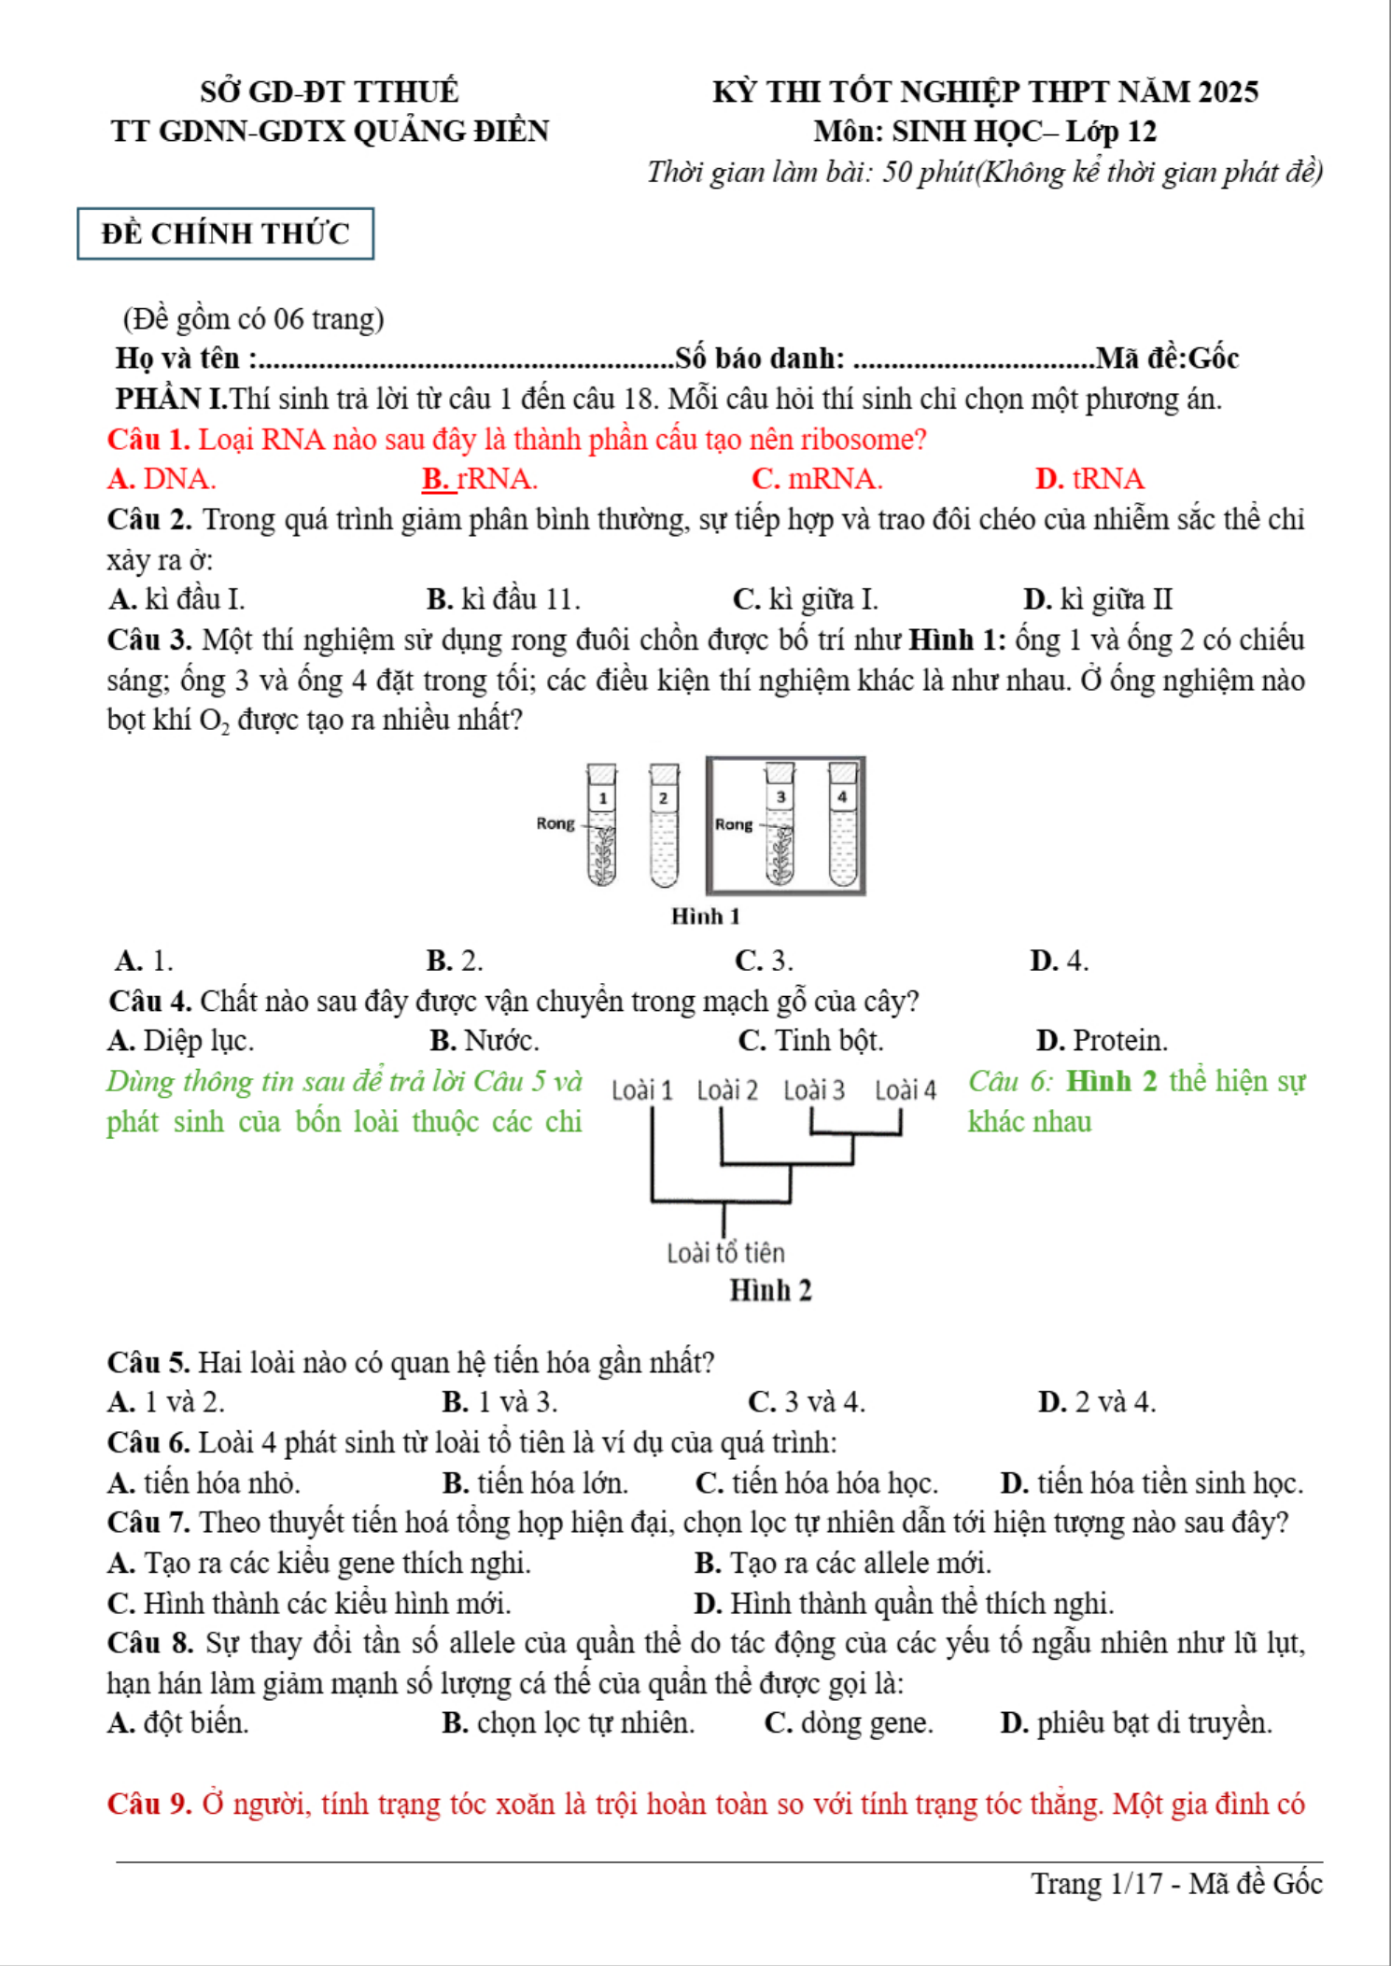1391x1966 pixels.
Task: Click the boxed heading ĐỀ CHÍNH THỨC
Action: tap(225, 233)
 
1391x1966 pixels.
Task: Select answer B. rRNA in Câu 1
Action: tap(479, 479)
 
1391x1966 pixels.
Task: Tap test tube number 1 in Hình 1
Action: tap(602, 826)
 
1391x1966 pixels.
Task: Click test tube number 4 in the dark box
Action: tap(842, 826)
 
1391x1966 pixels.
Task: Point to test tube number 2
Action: tap(664, 826)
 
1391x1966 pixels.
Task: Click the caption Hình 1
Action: tap(705, 917)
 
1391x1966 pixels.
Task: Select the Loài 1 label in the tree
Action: tap(641, 1090)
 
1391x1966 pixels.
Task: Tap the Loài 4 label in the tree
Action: tap(905, 1090)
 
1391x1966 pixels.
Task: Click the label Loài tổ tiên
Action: tap(725, 1253)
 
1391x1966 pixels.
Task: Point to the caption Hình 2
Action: tap(770, 1291)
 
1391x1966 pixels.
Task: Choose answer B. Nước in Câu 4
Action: tap(485, 1041)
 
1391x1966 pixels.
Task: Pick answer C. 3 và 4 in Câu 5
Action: tap(807, 1402)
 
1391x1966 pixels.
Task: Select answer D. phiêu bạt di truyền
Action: tap(1136, 1723)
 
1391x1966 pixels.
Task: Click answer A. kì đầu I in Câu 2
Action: tap(176, 599)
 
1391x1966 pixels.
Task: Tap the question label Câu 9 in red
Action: tap(149, 1805)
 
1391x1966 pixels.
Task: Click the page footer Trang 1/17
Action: tap(1096, 1884)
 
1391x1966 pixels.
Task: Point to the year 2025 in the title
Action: tap(1228, 91)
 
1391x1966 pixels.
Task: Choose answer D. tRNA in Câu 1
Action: tap(1089, 479)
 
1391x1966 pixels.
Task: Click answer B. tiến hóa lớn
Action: tap(535, 1483)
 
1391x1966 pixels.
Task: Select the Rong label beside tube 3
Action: tap(733, 824)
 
